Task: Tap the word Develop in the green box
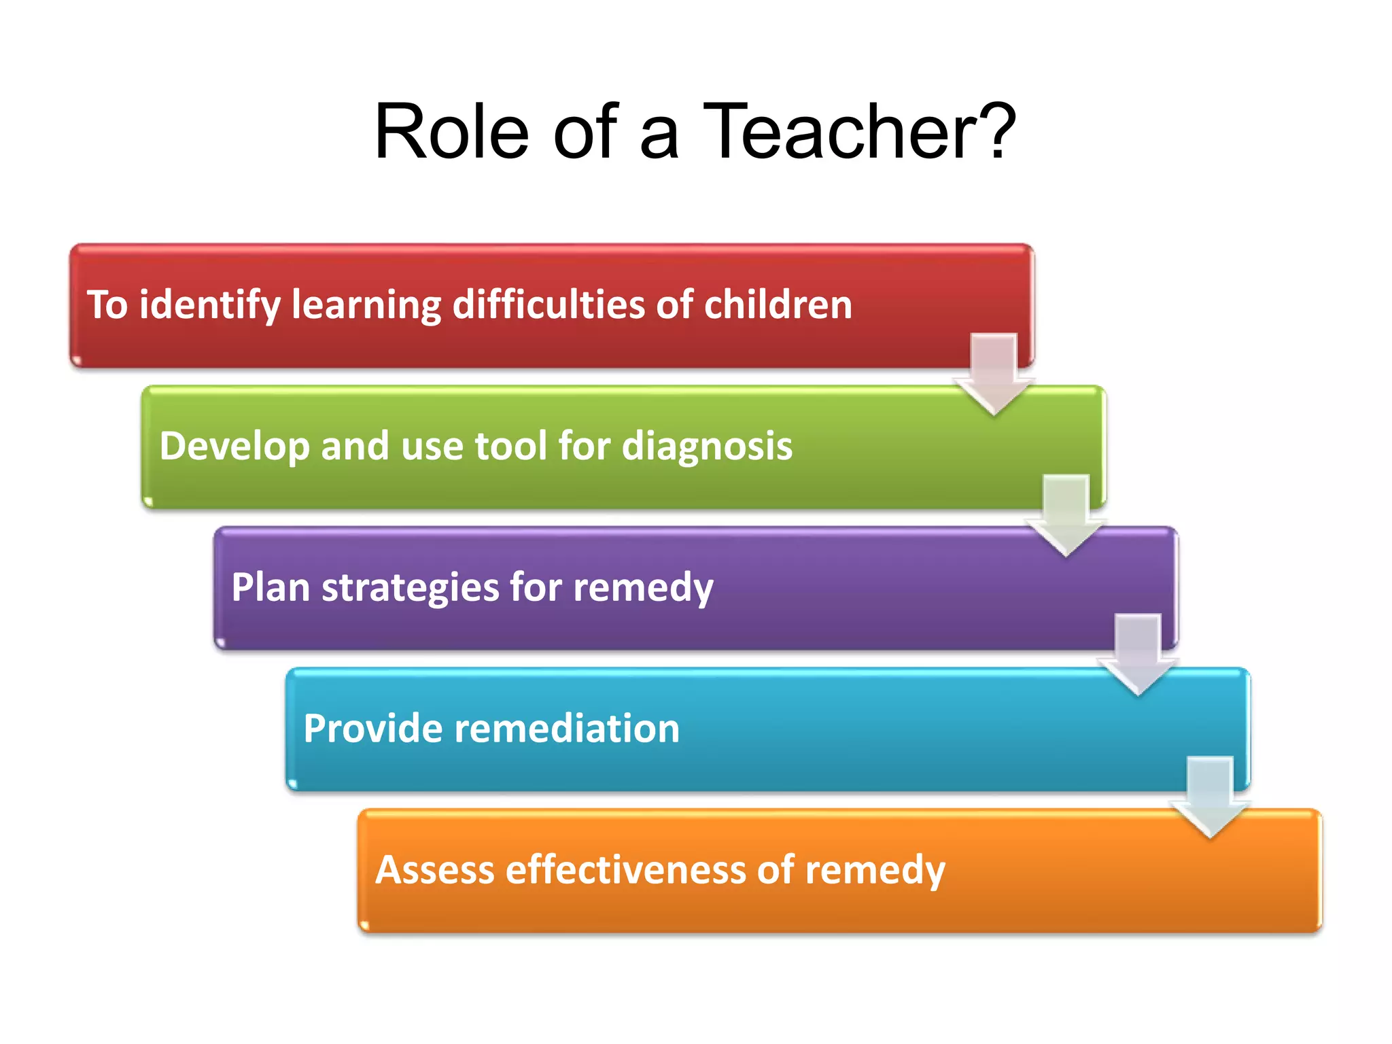(234, 447)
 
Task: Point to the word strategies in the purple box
(410, 589)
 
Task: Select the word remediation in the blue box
(567, 729)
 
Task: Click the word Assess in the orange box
(435, 870)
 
